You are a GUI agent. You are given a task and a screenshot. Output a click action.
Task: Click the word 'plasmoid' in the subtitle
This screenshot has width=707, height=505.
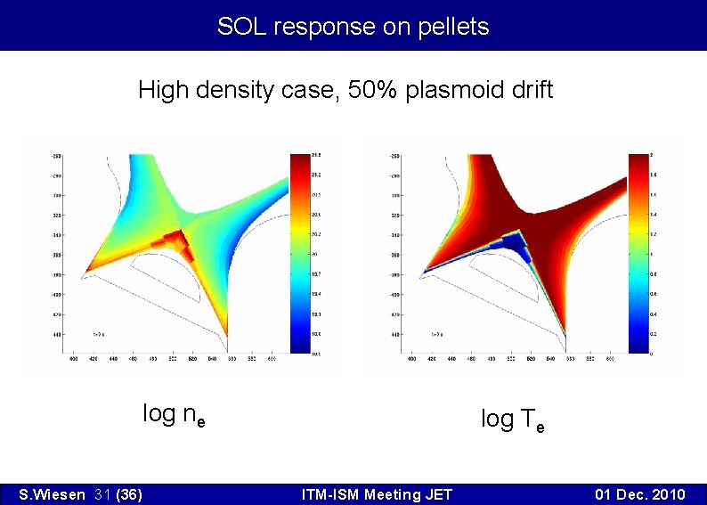pos(441,90)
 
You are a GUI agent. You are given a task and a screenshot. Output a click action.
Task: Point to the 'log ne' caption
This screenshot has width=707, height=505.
pos(174,414)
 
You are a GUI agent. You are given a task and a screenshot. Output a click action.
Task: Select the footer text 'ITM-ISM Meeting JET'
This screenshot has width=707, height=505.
pos(377,494)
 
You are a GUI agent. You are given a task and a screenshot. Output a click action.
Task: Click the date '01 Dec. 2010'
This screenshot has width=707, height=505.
pos(641,494)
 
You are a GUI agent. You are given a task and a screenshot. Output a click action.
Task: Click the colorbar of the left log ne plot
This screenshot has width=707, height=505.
pos(297,254)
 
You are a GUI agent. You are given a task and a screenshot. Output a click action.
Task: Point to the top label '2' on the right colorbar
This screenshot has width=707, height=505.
pos(654,156)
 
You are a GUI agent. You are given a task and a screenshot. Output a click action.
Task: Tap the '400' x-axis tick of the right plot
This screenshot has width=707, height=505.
pos(411,360)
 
